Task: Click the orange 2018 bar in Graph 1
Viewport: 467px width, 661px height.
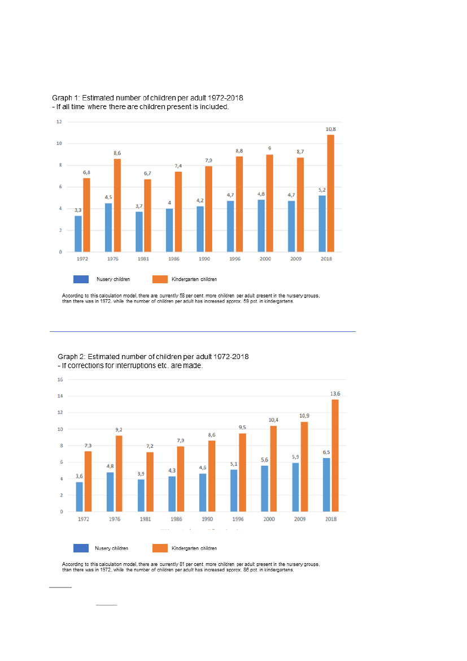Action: click(330, 193)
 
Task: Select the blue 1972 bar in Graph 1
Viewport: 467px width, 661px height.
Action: click(78, 234)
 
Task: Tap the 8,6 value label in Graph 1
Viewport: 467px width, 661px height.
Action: click(117, 153)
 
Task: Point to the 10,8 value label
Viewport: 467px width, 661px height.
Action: click(330, 129)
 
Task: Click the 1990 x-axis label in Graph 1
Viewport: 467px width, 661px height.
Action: click(204, 258)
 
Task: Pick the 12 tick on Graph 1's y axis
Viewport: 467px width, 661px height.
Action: click(59, 122)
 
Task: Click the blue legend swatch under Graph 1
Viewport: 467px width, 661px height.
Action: click(81, 279)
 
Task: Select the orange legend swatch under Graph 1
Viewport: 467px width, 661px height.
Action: click(160, 279)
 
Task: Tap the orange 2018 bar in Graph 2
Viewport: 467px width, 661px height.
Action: click(335, 455)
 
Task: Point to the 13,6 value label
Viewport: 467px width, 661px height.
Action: click(335, 394)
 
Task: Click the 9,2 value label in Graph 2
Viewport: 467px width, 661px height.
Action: click(119, 430)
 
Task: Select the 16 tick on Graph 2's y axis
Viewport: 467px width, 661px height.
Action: click(60, 380)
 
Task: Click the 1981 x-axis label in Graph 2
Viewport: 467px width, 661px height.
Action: click(146, 519)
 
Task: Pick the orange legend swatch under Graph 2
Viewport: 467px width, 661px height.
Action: click(160, 548)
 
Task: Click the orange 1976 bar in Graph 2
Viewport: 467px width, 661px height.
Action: click(119, 473)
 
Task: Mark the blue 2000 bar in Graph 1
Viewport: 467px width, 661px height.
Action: click(261, 226)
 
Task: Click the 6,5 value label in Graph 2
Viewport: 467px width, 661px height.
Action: click(326, 452)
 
